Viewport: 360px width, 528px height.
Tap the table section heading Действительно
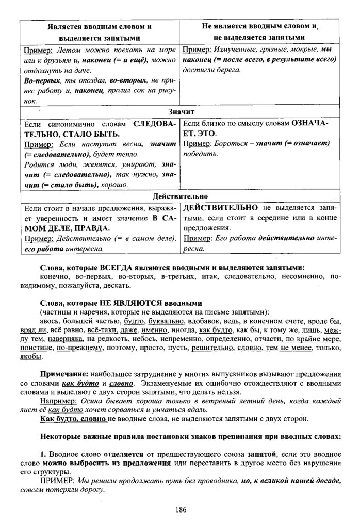point(181,196)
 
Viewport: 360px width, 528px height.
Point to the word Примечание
point(64,373)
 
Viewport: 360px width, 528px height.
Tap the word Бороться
point(233,144)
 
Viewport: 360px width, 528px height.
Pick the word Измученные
point(234,51)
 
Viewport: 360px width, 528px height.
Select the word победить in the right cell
point(197,154)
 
